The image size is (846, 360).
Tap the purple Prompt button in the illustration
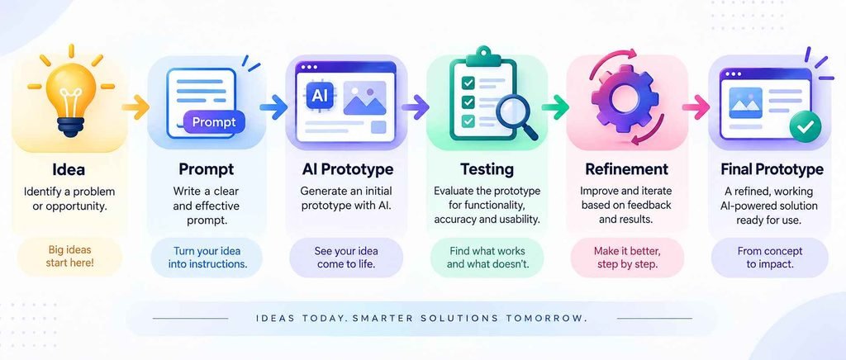214,122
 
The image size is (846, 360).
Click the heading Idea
69,170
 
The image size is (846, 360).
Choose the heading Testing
487,169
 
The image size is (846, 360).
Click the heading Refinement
626,169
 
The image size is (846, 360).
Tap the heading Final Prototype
772,169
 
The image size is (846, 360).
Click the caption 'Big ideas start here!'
69,257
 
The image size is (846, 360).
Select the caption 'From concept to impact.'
769,257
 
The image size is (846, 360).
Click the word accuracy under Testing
454,220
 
